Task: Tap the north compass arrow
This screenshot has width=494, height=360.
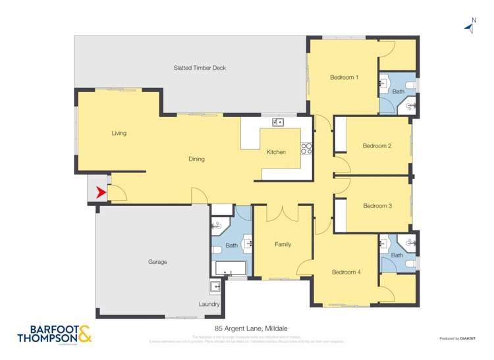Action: (470, 28)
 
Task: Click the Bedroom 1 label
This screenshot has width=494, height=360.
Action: (344, 78)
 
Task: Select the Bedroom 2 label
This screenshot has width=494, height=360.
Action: (377, 145)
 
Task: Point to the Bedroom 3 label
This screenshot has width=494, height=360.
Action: (377, 206)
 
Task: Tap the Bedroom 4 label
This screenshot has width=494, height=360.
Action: (346, 272)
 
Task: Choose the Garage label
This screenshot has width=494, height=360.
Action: (157, 262)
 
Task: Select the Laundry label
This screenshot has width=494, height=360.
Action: (209, 304)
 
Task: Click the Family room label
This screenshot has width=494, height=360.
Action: (283, 245)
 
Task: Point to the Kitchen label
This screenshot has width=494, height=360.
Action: (276, 152)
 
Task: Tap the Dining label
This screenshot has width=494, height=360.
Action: (196, 159)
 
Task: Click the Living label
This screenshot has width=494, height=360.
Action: (119, 133)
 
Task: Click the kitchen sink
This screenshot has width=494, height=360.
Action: (277, 122)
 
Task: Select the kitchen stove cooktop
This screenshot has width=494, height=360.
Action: (306, 149)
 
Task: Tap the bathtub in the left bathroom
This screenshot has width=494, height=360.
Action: (229, 269)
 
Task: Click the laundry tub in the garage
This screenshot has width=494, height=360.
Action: (215, 287)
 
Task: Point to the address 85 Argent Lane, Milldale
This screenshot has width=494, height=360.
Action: (246, 328)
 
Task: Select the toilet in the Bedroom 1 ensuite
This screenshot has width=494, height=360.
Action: (410, 85)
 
